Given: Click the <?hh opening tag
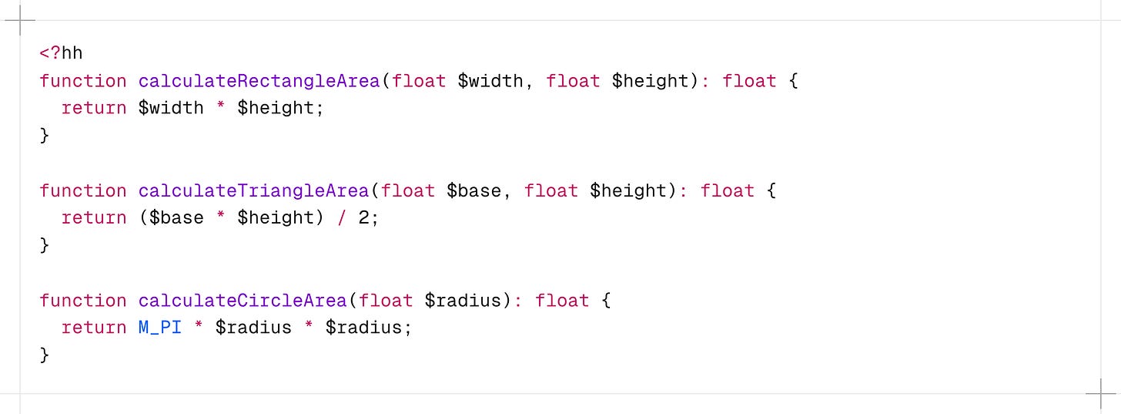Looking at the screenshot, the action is [61, 53].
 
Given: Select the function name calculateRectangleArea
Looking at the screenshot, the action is [259, 81].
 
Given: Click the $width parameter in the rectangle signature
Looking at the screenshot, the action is [490, 81].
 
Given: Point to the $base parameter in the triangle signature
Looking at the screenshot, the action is [473, 190].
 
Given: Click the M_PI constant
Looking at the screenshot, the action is [160, 328].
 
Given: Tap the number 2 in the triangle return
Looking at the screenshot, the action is [364, 218].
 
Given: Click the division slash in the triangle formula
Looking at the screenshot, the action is [342, 218].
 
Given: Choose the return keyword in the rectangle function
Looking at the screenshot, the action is [94, 108].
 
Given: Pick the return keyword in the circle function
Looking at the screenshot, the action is [94, 328].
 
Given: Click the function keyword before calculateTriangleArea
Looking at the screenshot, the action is [83, 190].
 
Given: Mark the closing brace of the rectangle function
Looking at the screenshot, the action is [45, 136].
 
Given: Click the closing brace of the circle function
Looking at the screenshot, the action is [45, 355].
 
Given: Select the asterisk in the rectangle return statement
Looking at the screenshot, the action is [221, 108].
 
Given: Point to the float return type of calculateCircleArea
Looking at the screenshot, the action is [562, 300].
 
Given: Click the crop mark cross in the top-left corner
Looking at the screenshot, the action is [20, 21].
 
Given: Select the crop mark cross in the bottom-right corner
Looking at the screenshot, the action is [1100, 394].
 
